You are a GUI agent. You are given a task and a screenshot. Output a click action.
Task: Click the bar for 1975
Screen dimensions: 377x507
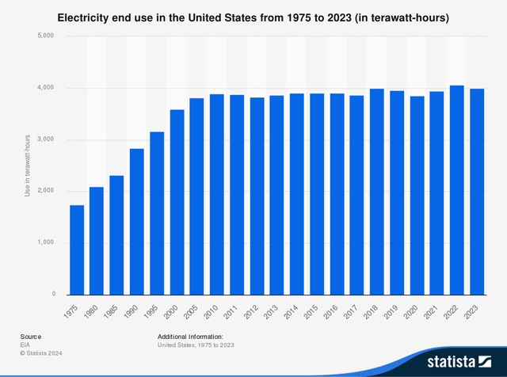click(77, 249)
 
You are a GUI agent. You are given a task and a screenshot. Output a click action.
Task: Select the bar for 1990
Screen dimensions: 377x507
click(137, 221)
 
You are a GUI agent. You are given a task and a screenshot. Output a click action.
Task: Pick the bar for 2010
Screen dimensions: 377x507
click(217, 194)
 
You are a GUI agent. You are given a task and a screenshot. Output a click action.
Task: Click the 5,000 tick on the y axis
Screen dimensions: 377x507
click(44, 36)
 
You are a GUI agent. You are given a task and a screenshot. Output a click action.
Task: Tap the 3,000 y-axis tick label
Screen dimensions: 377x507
click(44, 139)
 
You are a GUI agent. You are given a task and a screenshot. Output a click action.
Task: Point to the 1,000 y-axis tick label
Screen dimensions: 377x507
click(44, 242)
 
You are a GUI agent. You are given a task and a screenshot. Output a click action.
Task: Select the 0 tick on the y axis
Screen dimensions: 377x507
click(51, 294)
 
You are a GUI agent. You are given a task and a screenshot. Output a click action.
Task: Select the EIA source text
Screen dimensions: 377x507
click(25, 345)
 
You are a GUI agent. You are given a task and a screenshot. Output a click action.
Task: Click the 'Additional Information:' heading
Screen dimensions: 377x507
click(190, 337)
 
